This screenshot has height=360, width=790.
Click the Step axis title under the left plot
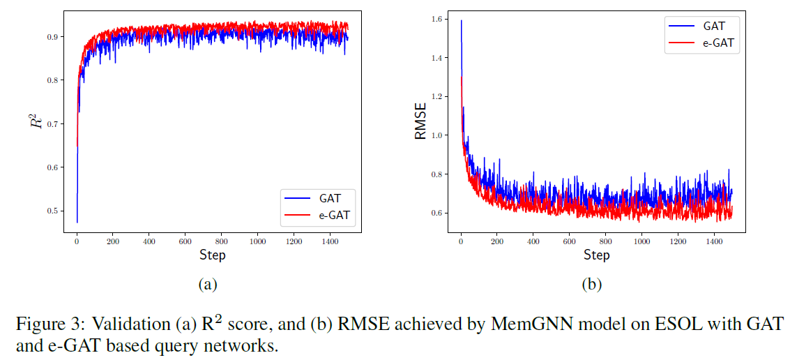(212, 255)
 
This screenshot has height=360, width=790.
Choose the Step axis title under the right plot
(596, 255)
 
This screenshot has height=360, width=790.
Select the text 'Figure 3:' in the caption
(38, 326)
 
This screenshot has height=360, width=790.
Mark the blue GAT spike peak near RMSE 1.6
(461, 20)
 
